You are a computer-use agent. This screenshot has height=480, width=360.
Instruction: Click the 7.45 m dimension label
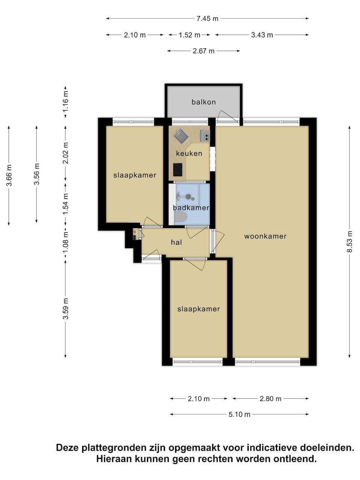(x=207, y=19)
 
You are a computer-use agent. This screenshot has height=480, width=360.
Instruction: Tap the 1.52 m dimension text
(x=189, y=35)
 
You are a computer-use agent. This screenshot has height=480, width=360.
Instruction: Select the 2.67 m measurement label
(x=203, y=51)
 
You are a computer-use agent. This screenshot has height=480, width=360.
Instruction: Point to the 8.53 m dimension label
(x=349, y=241)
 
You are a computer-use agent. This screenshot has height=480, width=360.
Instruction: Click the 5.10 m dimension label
(x=239, y=414)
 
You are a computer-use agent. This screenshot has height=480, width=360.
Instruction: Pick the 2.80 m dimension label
(x=270, y=399)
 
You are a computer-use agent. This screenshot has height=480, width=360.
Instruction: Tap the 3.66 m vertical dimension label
(x=9, y=175)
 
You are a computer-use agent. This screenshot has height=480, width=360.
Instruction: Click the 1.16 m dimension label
(x=65, y=102)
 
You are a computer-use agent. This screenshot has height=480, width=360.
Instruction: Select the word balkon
(x=204, y=102)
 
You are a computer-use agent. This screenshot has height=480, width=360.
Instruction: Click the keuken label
(x=189, y=153)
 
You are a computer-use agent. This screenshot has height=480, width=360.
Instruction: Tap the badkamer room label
(x=191, y=208)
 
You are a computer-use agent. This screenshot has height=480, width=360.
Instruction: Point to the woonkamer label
(x=265, y=236)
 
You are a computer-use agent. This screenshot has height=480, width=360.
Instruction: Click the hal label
(x=176, y=242)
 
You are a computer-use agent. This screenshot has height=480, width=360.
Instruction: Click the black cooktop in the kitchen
(x=178, y=169)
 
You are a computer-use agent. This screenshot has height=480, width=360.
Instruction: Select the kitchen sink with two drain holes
(x=205, y=136)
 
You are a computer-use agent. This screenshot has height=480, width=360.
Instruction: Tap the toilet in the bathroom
(x=180, y=217)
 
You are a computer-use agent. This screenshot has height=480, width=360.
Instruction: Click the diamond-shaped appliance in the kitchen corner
(x=181, y=136)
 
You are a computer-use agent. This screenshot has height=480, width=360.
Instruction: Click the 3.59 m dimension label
(x=65, y=309)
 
